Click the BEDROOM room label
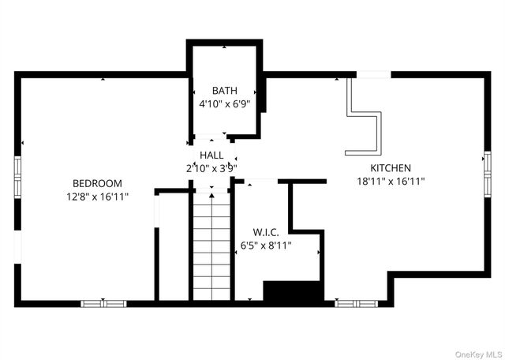[x=97, y=182]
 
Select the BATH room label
[x=224, y=91]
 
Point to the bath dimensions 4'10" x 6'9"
[x=224, y=103]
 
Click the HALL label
[x=211, y=156]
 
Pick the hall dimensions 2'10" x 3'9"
[x=211, y=167]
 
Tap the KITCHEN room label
[x=391, y=168]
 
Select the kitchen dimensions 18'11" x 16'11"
[x=391, y=181]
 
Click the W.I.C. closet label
[x=267, y=232]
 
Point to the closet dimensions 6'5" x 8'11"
[x=267, y=246]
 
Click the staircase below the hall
[x=211, y=245]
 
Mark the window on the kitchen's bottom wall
[x=356, y=302]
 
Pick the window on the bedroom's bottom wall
[x=103, y=302]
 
